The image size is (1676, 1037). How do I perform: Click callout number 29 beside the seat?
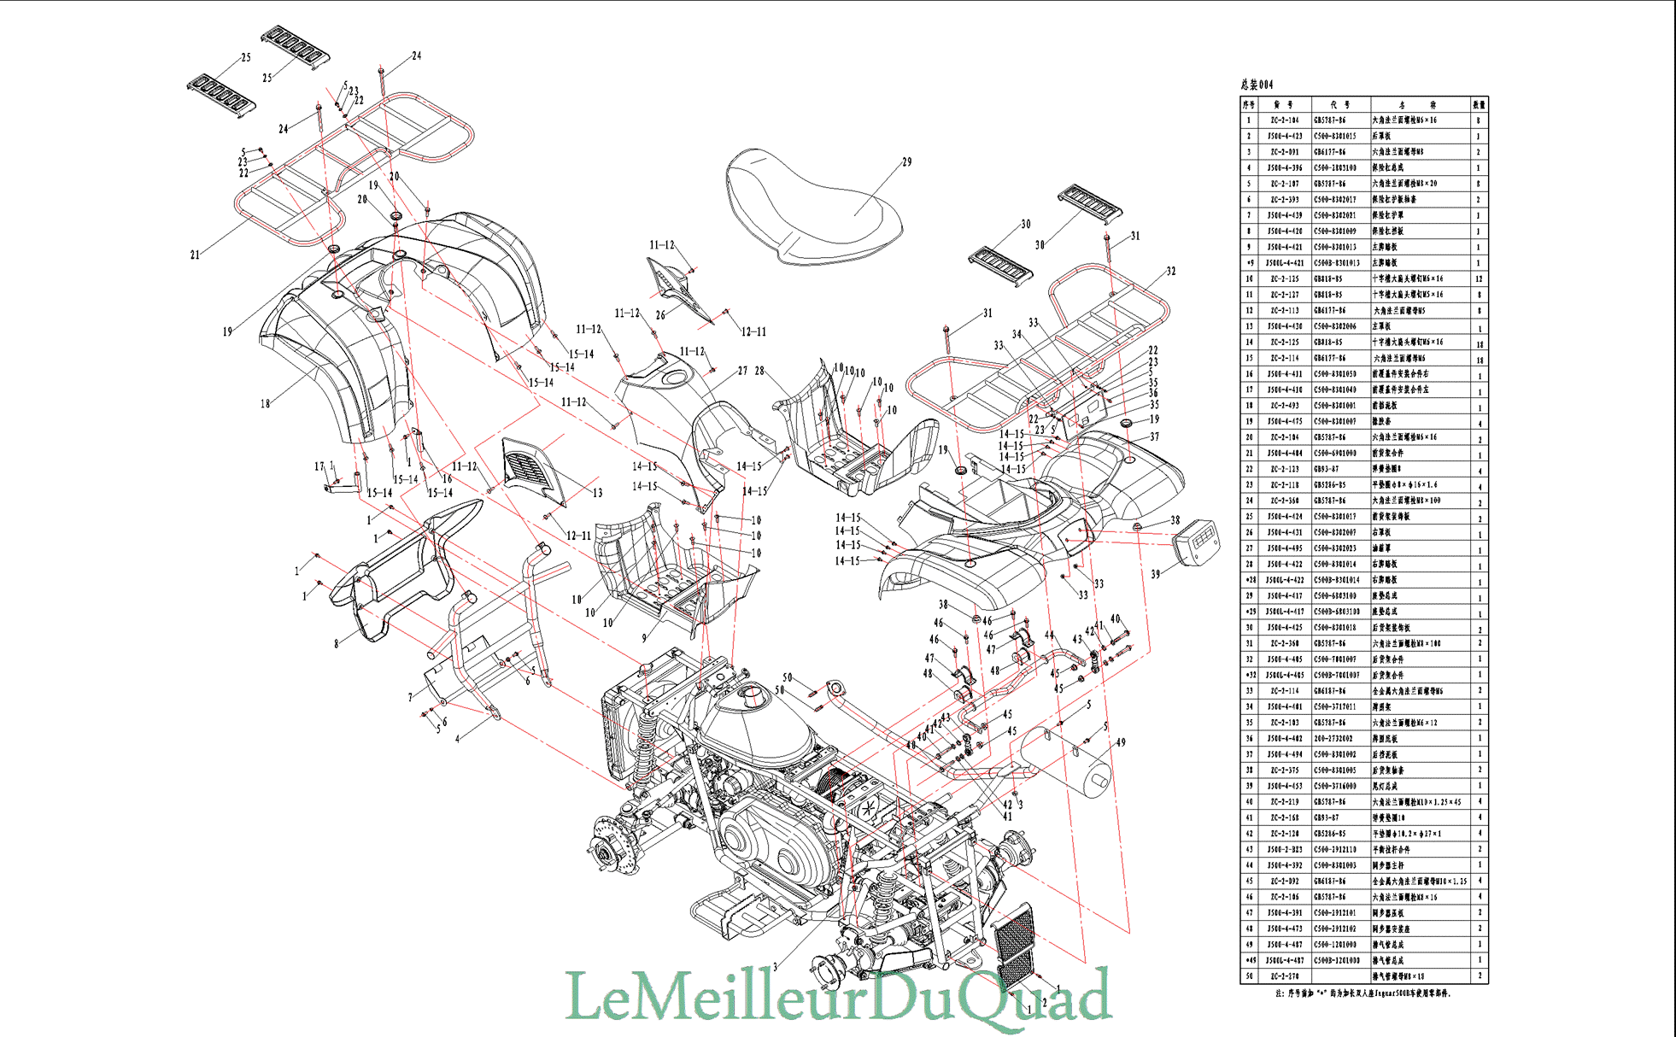(x=906, y=161)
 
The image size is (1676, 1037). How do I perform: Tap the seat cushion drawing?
(x=812, y=205)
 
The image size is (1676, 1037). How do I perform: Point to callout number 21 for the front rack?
(x=195, y=255)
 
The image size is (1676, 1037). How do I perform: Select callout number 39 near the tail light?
(x=1155, y=574)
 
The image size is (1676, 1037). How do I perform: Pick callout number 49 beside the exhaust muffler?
(x=1121, y=742)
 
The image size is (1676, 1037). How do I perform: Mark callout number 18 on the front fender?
(x=265, y=404)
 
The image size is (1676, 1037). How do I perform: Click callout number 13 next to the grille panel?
(x=597, y=493)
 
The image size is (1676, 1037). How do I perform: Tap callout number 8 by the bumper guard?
(x=337, y=644)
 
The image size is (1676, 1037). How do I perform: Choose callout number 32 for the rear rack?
(x=1170, y=271)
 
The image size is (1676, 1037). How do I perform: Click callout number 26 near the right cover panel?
(x=659, y=315)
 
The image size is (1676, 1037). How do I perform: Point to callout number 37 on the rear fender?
(x=1155, y=436)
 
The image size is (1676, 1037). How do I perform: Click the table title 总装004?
(x=1257, y=85)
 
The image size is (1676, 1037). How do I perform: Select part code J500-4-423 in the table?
(x=1285, y=137)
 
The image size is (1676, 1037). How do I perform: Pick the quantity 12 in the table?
(x=1479, y=279)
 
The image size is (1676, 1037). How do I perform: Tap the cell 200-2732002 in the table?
(x=1333, y=739)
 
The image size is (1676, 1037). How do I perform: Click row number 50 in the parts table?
(x=1250, y=976)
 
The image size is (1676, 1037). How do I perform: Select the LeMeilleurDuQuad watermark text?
(x=838, y=995)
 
